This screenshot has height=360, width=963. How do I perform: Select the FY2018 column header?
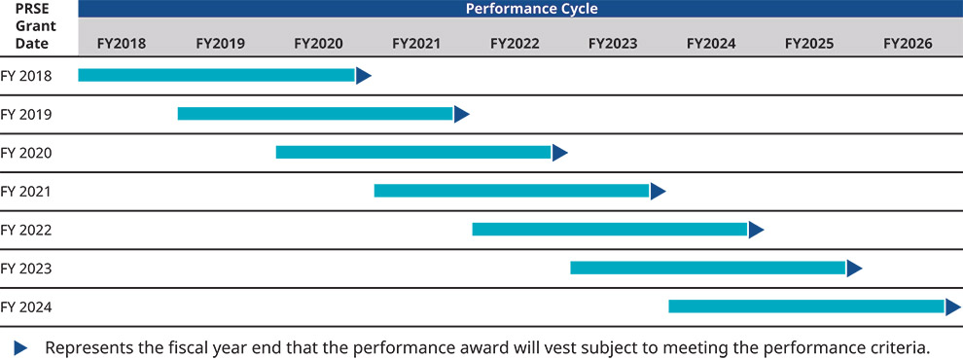coord(122,44)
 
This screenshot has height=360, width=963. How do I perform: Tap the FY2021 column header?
coord(416,44)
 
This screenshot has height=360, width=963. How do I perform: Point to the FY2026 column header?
coord(908,44)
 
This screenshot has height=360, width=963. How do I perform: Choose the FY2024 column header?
coord(711,44)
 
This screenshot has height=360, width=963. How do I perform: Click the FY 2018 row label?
coord(26,76)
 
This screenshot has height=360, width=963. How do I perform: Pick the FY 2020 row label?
coord(26,153)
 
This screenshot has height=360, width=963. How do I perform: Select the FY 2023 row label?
coord(26,269)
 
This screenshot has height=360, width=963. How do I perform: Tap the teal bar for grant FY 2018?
coord(216,75)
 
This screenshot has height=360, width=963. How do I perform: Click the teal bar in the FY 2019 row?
coord(314,114)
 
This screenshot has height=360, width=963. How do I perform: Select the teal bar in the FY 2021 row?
coord(511,191)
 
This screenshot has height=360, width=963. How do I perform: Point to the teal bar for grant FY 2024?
coord(805,306)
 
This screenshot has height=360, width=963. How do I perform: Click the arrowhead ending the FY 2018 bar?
coord(363,76)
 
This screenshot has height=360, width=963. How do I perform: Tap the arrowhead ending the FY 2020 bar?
coord(559,153)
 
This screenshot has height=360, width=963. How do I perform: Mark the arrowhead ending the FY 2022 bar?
coord(756,230)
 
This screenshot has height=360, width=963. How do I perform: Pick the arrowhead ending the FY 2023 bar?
coord(854,268)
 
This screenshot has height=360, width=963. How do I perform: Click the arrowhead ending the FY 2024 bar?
coord(952,306)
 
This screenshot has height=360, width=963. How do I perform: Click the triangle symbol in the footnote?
coord(21,347)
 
